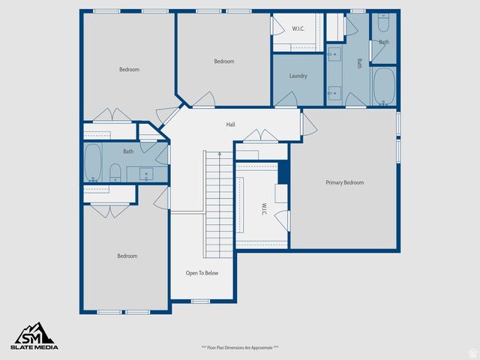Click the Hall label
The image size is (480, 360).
click(230, 124)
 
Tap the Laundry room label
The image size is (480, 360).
click(298, 76)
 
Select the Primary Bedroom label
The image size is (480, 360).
click(344, 182)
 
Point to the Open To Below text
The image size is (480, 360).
click(202, 273)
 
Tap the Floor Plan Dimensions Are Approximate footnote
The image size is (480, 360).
click(240, 348)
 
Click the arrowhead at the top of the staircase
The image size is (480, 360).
click(218, 154)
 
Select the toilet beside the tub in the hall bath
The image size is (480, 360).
click(115, 173)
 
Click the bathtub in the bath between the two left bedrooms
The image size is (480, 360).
click(93, 163)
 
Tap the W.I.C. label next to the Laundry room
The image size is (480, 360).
click(298, 28)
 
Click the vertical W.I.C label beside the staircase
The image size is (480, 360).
click(264, 207)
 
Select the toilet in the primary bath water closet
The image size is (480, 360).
click(384, 22)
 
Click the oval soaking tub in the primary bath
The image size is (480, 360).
click(383, 85)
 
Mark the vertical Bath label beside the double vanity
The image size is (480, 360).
click(360, 64)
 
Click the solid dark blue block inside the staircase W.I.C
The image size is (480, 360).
click(283, 172)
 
